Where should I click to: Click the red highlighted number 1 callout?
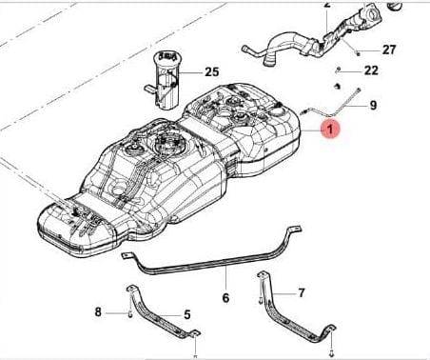pyautogui.click(x=330, y=130)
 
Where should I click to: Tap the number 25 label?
pyautogui.click(x=212, y=72)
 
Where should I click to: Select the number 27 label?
pyautogui.click(x=389, y=50)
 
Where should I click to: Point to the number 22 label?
pyautogui.click(x=371, y=70)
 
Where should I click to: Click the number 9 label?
pyautogui.click(x=373, y=105)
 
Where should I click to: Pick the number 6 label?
pyautogui.click(x=225, y=298)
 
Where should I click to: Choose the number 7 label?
pyautogui.click(x=302, y=292)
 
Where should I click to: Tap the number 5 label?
pyautogui.click(x=187, y=315)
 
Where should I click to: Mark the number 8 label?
pyautogui.click(x=98, y=312)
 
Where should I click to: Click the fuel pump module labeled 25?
pyautogui.click(x=165, y=80)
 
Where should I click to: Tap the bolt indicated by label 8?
pyautogui.click(x=130, y=314)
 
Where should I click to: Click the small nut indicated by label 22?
pyautogui.click(x=339, y=70)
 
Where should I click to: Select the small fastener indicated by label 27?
pyautogui.click(x=359, y=53)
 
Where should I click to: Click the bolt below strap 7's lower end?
pyautogui.click(x=332, y=351)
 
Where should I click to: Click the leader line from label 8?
pyautogui.click(x=116, y=313)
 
